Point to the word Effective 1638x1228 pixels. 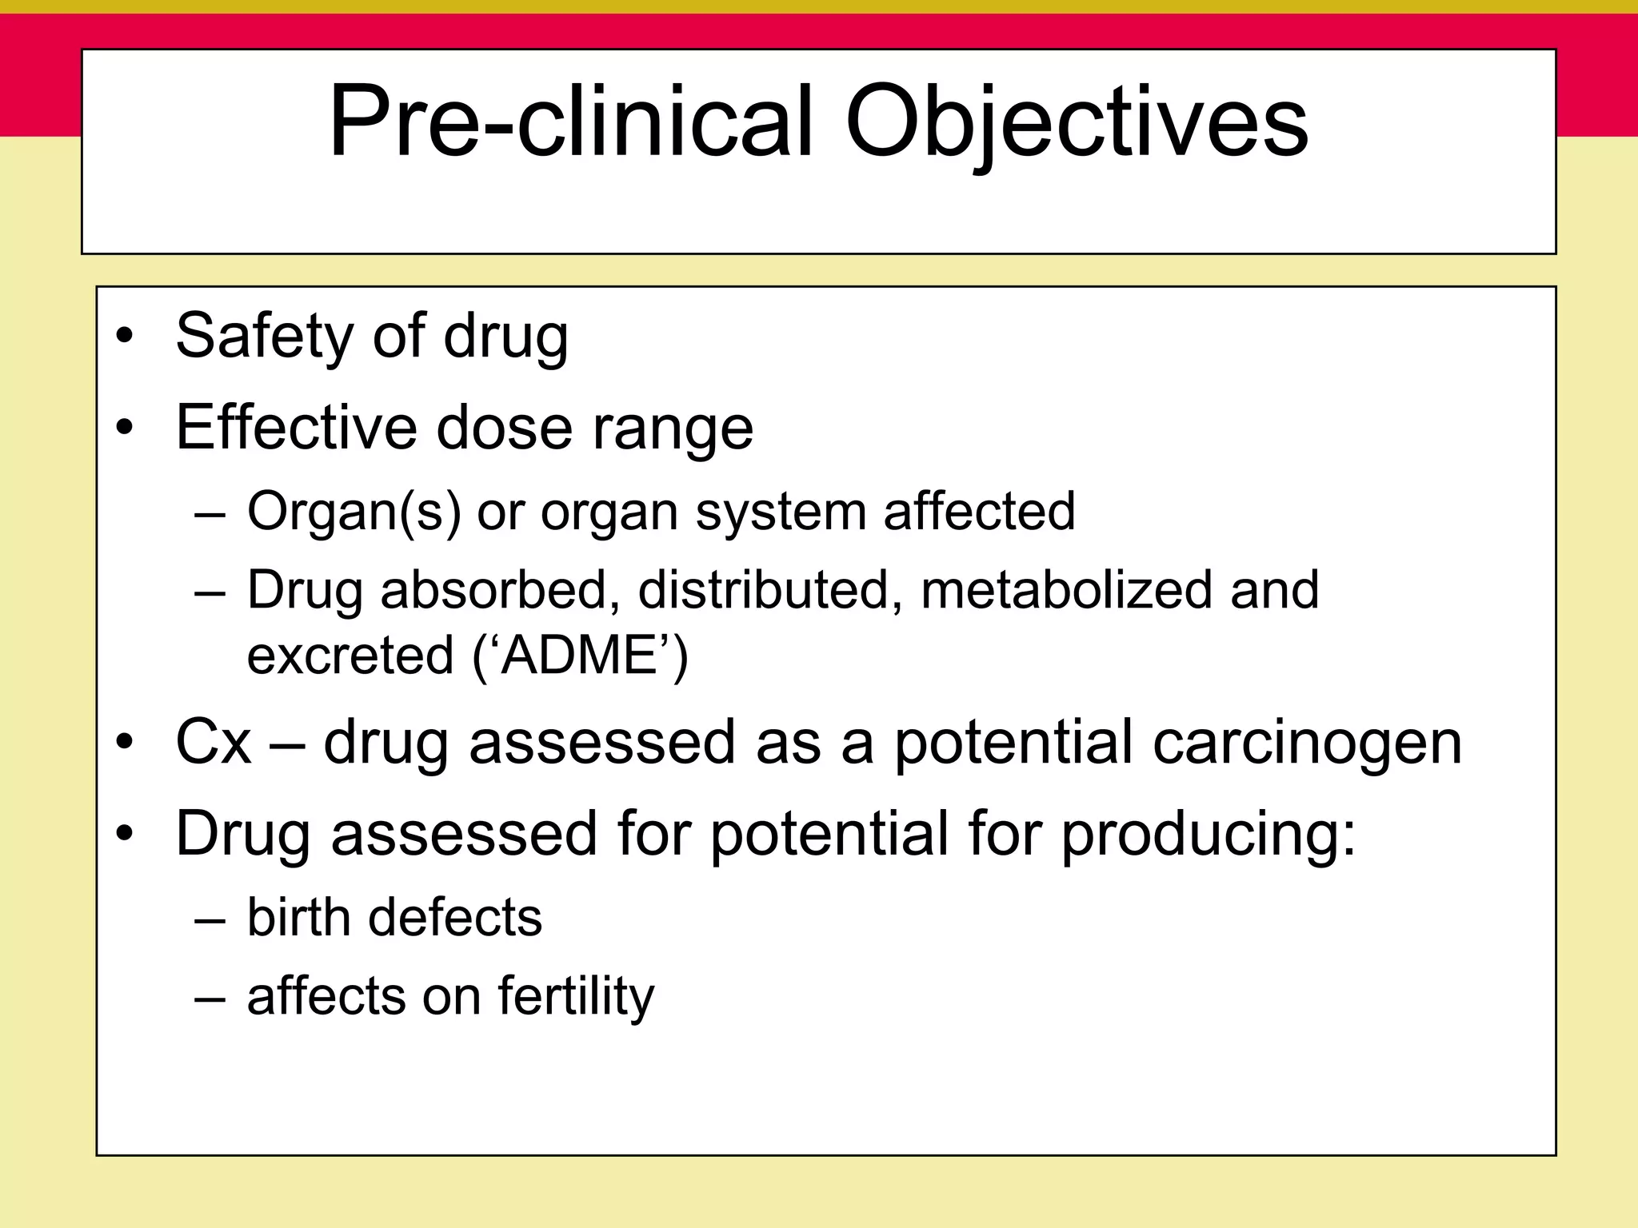click(296, 427)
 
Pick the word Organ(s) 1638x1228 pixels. click(354, 512)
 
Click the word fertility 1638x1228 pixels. click(576, 997)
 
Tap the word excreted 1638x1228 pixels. click(350, 656)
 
